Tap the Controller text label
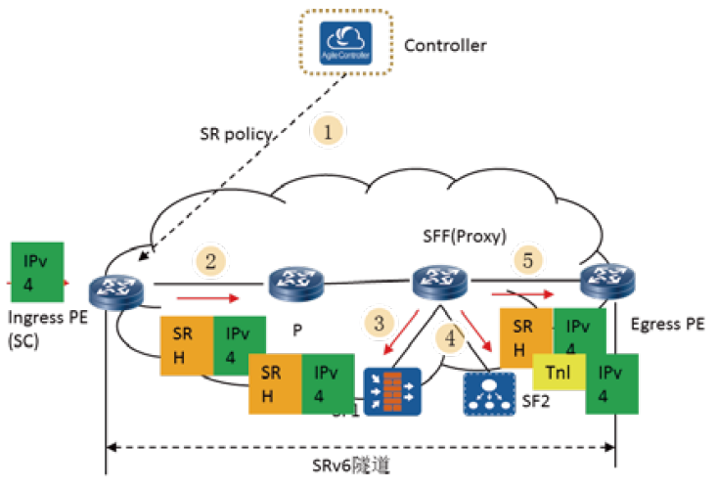tap(445, 46)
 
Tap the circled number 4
tap(450, 338)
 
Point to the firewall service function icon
tap(391, 390)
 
